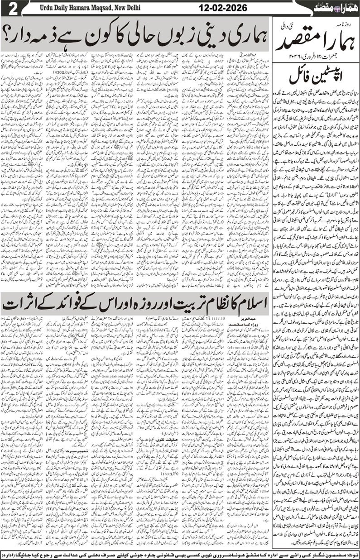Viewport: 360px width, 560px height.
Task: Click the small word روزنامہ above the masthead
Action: [345, 24]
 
